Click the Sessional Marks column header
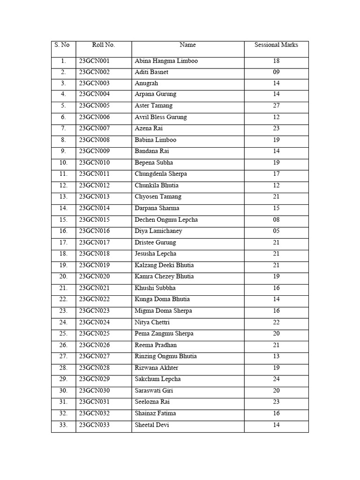[276, 45]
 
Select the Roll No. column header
[103, 45]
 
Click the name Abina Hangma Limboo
[166, 61]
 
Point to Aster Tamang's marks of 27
[276, 106]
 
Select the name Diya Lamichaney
[158, 231]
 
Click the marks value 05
[276, 231]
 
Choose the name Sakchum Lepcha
[157, 379]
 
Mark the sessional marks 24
[276, 379]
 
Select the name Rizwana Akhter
[157, 368]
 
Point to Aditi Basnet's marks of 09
[276, 72]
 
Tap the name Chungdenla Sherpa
[161, 174]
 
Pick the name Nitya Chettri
[152, 322]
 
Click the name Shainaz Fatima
[155, 413]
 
